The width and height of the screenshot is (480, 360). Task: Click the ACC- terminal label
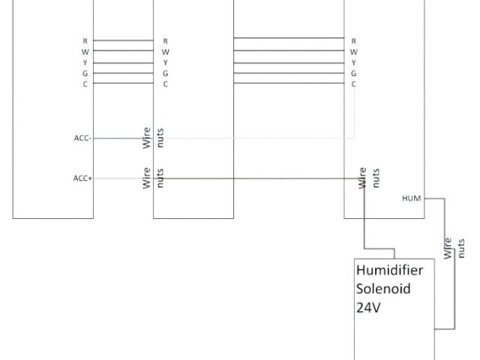[82, 138]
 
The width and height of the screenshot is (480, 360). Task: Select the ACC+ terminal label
[82, 178]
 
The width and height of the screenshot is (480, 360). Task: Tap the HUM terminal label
[412, 198]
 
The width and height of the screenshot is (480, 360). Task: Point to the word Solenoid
[383, 289]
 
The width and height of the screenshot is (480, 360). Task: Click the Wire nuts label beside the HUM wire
[454, 247]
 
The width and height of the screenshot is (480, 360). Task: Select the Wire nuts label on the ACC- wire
[154, 138]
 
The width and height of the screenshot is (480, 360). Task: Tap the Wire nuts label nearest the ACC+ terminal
[154, 178]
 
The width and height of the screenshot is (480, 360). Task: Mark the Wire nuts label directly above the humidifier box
[370, 178]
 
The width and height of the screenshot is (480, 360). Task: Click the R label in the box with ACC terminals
[85, 40]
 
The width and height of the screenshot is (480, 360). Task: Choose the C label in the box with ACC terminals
[85, 84]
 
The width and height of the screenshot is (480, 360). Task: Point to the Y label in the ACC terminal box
[85, 62]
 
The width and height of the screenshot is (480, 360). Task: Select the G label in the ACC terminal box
[85, 73]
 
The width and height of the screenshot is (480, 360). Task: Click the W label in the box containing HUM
[353, 52]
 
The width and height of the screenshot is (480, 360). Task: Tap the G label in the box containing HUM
[353, 73]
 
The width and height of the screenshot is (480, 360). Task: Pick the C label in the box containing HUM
[353, 84]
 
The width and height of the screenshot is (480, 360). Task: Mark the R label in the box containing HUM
[353, 40]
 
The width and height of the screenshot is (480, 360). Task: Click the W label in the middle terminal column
[165, 52]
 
